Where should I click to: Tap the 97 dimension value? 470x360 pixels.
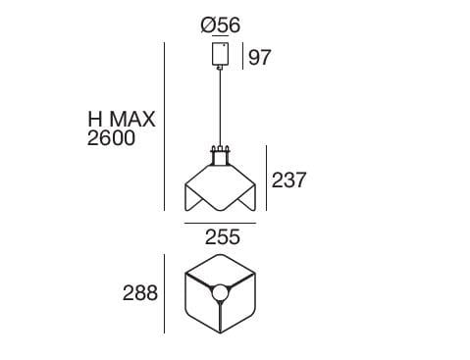coord(260,58)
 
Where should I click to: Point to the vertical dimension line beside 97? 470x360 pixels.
coord(242,56)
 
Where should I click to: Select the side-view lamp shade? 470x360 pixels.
coord(221,186)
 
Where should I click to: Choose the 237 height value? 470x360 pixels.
coord(288,180)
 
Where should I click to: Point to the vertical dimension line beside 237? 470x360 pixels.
coord(266,180)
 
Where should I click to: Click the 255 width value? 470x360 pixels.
coord(222,237)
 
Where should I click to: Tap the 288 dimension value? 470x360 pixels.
coord(140,293)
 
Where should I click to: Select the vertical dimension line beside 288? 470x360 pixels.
coord(164,293)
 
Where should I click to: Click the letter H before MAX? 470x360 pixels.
coord(96,119)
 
